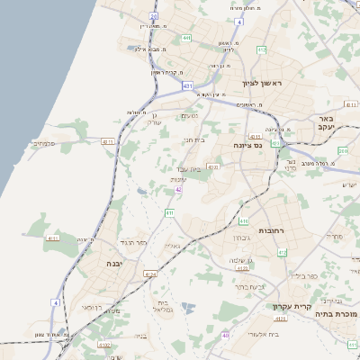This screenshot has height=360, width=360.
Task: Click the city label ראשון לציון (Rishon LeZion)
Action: [262, 83]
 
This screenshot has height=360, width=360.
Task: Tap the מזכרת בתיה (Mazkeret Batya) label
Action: [339, 314]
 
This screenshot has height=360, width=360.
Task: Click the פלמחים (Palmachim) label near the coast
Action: [43, 143]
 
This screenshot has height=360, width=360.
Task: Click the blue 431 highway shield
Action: [187, 85]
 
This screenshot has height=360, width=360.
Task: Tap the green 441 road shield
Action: [186, 38]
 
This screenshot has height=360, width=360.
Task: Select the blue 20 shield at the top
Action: [153, 16]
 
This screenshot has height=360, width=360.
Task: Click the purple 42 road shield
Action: [179, 190]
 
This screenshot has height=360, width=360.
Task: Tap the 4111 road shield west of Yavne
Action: [52, 238]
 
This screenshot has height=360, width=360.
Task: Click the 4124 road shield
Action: [150, 274]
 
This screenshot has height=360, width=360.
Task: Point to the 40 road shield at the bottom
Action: [225, 335]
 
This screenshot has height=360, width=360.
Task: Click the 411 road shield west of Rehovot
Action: [169, 212]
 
